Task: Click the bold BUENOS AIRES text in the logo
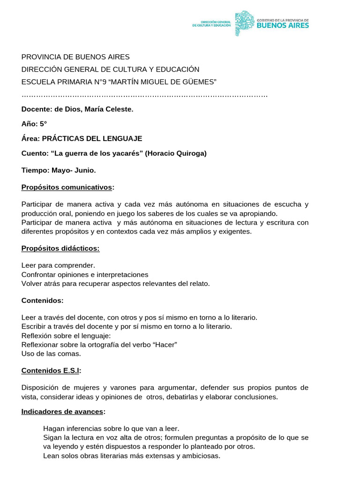tap(283, 26)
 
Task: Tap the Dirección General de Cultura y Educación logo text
tap(211, 23)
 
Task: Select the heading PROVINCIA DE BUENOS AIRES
tap(75, 57)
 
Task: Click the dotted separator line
tap(144, 96)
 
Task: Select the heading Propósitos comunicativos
tap(67, 187)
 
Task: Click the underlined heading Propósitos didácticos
tap(60, 248)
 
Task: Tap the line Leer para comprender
tap(58, 265)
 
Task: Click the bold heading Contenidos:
tap(42, 300)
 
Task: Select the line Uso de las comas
tap(51, 353)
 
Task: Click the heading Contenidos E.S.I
tap(51, 370)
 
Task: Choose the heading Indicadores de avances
tap(63, 412)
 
